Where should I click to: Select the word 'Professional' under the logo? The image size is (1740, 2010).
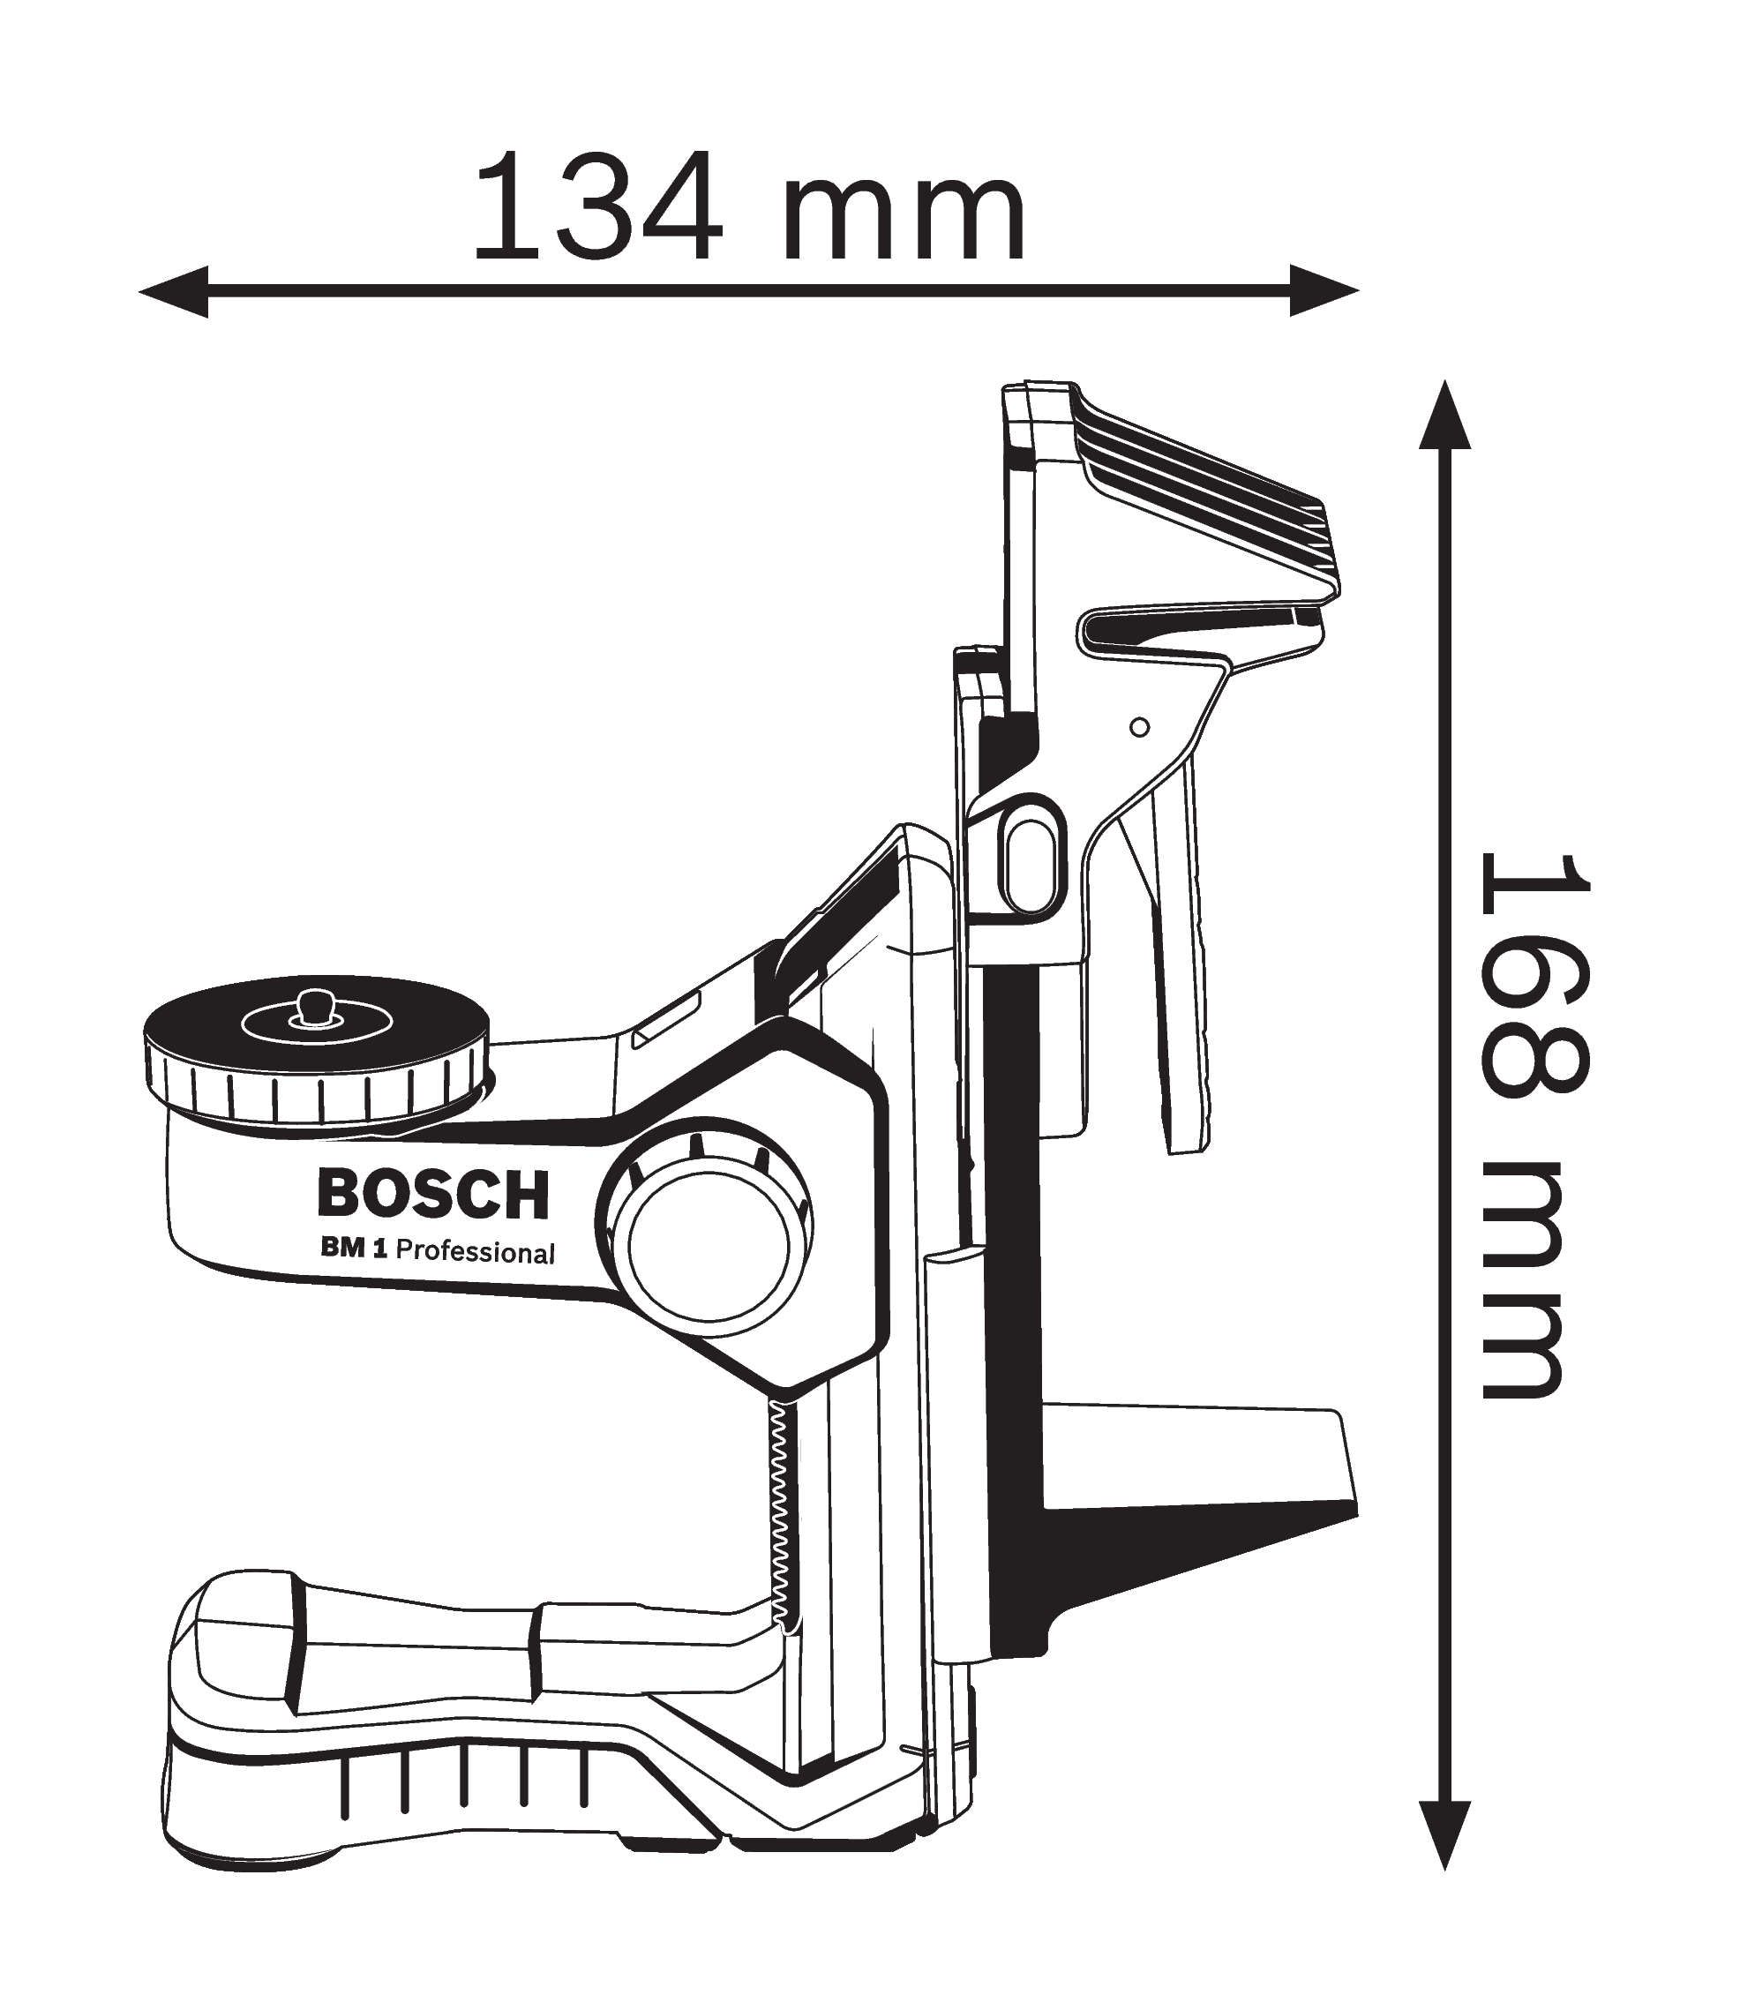[x=476, y=1253]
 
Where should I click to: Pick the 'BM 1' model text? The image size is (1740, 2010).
[x=355, y=1248]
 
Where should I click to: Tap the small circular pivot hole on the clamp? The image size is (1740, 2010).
[x=1141, y=727]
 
